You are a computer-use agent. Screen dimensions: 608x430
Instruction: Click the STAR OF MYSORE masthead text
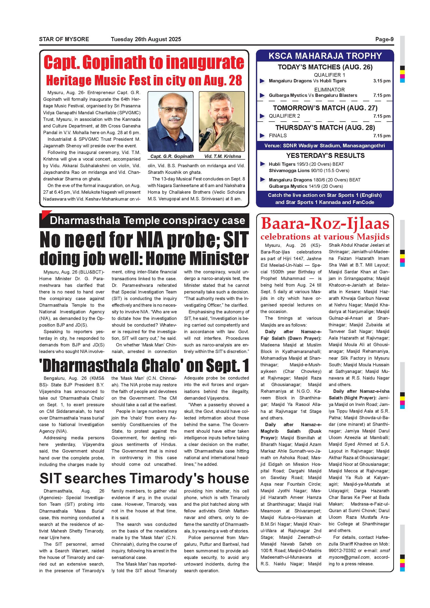click(x=64, y=39)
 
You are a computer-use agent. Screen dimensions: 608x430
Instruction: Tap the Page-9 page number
click(x=384, y=39)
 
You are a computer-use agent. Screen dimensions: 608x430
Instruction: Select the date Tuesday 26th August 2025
click(x=146, y=39)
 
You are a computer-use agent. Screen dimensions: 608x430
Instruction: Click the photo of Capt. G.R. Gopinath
click(x=170, y=122)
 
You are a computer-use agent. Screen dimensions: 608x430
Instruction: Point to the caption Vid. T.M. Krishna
click(x=222, y=156)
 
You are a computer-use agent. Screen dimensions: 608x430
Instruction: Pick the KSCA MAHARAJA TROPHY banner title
click(x=325, y=56)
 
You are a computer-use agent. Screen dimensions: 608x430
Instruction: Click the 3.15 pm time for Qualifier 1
click(x=381, y=81)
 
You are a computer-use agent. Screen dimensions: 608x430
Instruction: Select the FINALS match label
click(x=278, y=136)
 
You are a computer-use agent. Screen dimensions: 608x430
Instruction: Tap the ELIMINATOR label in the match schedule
click(x=329, y=90)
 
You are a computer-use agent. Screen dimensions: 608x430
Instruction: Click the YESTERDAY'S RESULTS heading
click(x=325, y=155)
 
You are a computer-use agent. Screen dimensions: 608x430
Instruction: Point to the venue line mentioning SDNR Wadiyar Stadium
click(x=325, y=146)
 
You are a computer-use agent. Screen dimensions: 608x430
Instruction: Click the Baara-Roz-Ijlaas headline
click(x=325, y=224)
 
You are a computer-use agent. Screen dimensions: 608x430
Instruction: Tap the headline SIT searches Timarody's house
click(x=144, y=479)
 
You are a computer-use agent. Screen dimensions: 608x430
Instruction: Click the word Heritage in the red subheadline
click(x=69, y=80)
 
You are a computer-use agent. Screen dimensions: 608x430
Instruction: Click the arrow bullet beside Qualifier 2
click(x=262, y=116)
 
